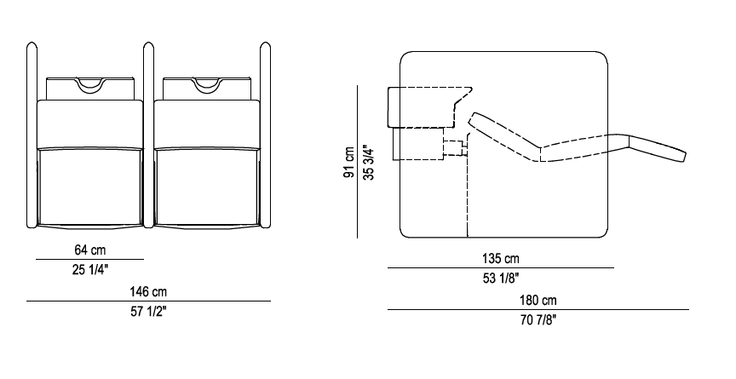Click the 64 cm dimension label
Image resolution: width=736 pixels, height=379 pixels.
pyautogui.click(x=90, y=250)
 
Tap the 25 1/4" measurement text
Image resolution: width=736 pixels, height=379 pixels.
pyautogui.click(x=90, y=270)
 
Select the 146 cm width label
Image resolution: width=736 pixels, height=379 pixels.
pyautogui.click(x=148, y=292)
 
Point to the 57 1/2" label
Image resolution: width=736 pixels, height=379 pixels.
pyautogui.click(x=148, y=312)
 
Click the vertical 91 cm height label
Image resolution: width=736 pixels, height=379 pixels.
pyautogui.click(x=348, y=163)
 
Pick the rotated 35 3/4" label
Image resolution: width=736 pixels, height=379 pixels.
pyautogui.click(x=369, y=163)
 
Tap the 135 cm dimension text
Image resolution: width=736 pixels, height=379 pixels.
pyautogui.click(x=501, y=258)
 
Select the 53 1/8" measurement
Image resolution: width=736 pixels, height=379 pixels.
pyautogui.click(x=501, y=279)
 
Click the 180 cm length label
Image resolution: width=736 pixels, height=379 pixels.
pyautogui.click(x=538, y=300)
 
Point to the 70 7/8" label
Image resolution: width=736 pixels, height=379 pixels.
pyautogui.click(x=538, y=320)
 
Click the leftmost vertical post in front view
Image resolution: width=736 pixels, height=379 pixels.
pyautogui.click(x=32, y=135)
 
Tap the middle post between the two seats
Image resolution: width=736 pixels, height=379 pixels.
pyautogui.click(x=148, y=135)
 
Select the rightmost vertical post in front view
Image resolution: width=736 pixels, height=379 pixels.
pyautogui.click(x=265, y=135)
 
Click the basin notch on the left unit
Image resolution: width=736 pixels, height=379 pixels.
pyautogui.click(x=90, y=84)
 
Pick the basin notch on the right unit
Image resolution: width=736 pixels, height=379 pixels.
pyautogui.click(x=207, y=84)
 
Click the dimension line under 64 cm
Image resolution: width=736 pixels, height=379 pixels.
pyautogui.click(x=90, y=259)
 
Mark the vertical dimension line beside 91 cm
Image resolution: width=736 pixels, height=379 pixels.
pyautogui.click(x=358, y=162)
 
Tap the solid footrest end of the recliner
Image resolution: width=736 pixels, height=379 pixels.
pyautogui.click(x=658, y=148)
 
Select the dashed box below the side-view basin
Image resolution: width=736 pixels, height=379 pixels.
pyautogui.click(x=418, y=144)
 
